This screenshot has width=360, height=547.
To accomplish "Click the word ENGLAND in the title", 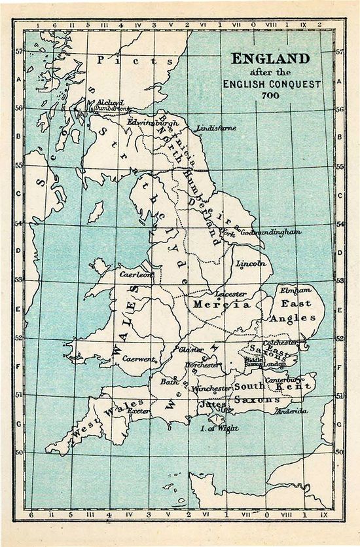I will pyautogui.click(x=270, y=58).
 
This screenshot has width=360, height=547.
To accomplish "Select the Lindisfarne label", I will pyautogui.click(x=216, y=128).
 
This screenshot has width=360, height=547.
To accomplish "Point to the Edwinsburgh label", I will pyautogui.click(x=153, y=122).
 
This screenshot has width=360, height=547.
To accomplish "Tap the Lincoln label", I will pyautogui.click(x=251, y=263).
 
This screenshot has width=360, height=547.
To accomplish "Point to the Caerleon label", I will pyautogui.click(x=135, y=274).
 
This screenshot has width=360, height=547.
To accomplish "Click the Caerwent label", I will pyautogui.click(x=137, y=360).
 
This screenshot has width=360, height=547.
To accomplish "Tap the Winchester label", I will pyautogui.click(x=210, y=388).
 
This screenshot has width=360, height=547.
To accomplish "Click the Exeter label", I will pyautogui.click(x=139, y=410).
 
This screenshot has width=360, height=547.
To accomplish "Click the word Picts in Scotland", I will pyautogui.click(x=135, y=60).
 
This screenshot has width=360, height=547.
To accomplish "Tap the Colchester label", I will pyautogui.click(x=280, y=342).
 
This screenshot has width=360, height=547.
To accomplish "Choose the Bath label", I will pyautogui.click(x=168, y=381).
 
